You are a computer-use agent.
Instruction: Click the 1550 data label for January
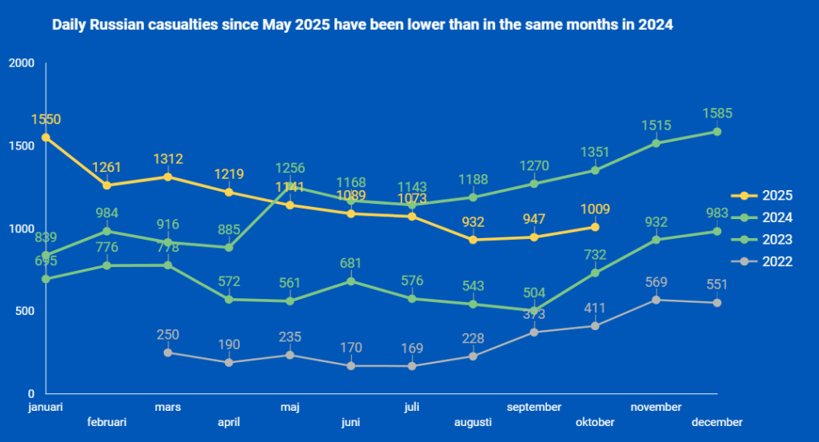click(46, 120)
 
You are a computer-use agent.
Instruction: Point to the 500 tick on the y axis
click(25, 312)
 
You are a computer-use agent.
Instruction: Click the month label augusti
click(473, 422)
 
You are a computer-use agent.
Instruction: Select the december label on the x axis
click(717, 422)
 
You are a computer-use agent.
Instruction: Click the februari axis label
click(106, 422)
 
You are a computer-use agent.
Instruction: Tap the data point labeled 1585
click(717, 132)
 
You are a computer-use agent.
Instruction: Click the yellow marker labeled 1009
click(595, 227)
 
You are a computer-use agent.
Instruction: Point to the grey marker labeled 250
click(168, 352)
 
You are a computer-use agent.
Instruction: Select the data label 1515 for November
click(656, 125)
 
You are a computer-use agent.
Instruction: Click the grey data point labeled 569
click(657, 300)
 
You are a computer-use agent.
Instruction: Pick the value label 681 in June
click(350, 263)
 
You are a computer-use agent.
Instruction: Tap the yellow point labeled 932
click(473, 240)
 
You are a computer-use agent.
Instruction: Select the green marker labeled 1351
click(595, 170)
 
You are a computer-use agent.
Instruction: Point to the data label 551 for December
click(717, 285)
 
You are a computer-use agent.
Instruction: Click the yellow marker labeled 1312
click(168, 177)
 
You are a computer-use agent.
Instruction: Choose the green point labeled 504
click(534, 311)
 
